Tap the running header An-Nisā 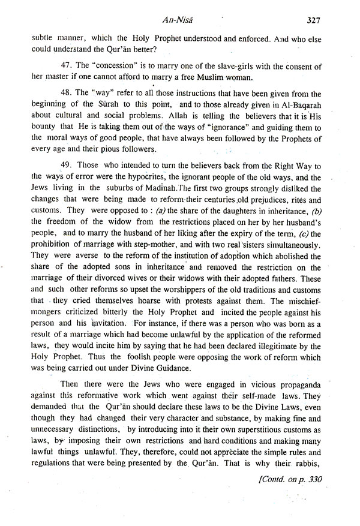click(180, 19)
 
